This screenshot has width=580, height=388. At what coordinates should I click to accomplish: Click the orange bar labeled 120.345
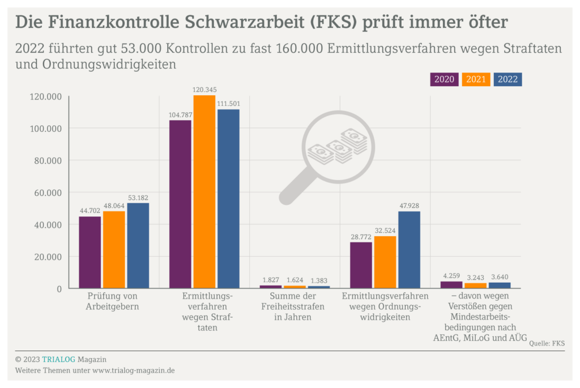(x=204, y=192)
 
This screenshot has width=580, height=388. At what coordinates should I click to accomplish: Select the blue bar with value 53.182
(x=138, y=246)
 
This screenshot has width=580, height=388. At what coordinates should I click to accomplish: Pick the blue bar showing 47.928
(x=409, y=250)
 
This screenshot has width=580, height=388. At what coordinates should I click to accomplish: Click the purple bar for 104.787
(x=180, y=204)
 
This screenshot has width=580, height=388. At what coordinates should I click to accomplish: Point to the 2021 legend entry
(x=476, y=79)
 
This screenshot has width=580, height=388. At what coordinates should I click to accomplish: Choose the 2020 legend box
(x=445, y=79)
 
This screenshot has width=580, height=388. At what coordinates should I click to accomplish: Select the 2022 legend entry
(x=507, y=79)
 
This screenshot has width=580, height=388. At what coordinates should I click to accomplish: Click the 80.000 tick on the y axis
(x=45, y=161)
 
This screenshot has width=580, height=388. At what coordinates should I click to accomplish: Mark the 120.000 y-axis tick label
(x=45, y=97)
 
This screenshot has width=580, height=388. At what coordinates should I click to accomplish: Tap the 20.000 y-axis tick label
(x=45, y=257)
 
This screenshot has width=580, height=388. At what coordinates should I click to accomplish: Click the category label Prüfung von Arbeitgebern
(x=113, y=301)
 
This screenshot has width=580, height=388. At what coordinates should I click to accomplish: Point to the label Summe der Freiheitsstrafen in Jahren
(x=293, y=306)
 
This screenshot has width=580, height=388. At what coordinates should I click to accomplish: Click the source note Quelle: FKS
(x=547, y=343)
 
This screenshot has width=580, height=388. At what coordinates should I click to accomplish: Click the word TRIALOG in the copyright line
(x=58, y=359)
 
